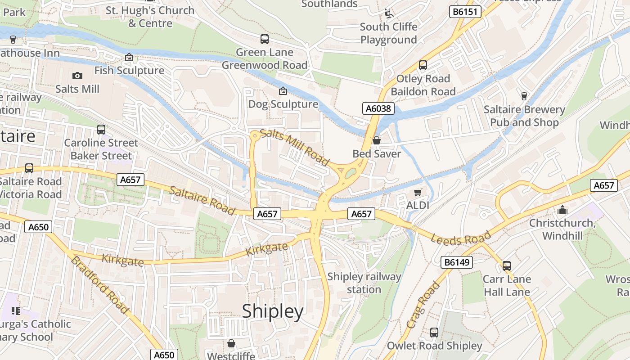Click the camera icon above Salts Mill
pyautogui.click(x=77, y=76)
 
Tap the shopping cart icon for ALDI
pyautogui.click(x=418, y=193)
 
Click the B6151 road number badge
pyautogui.click(x=465, y=12)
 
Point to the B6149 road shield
pyautogui.click(x=456, y=262)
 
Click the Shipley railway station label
pyautogui.click(x=364, y=283)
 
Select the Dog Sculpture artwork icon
pyautogui.click(x=283, y=91)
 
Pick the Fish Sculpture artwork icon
pyautogui.click(x=129, y=57)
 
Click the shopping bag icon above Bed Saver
pyautogui.click(x=377, y=140)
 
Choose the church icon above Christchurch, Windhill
pyautogui.click(x=562, y=210)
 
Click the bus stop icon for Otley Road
pyautogui.click(x=423, y=65)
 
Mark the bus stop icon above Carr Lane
pyautogui.click(x=507, y=266)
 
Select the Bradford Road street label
pyautogui.click(x=100, y=285)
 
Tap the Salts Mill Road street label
pyautogui.click(x=295, y=147)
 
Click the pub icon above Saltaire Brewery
pyautogui.click(x=524, y=96)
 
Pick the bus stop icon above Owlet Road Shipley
pyautogui.click(x=434, y=333)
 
